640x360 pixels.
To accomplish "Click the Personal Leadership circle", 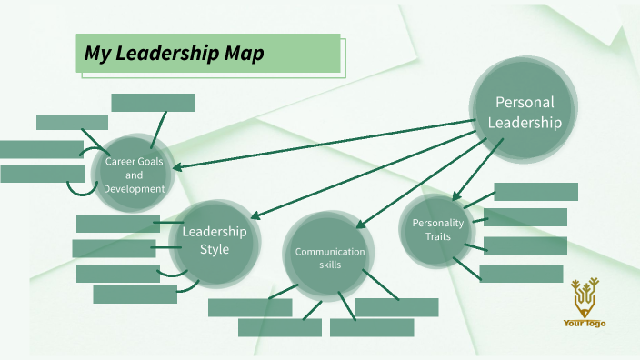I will [523, 112].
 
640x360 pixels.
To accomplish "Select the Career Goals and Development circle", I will [135, 175].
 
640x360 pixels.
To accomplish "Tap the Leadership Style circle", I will [215, 240].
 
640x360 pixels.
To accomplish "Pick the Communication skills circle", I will [329, 258].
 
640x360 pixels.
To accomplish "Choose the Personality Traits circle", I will [438, 229].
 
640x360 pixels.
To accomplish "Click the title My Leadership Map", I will [175, 55].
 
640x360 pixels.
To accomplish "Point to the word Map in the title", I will [245, 55].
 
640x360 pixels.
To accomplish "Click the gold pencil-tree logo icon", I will [585, 295].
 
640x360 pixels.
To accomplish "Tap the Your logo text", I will [585, 323].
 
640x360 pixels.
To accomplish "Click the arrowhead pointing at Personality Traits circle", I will [456, 196].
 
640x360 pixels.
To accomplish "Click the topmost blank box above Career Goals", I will [153, 103].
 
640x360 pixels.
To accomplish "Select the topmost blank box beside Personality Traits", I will [535, 192].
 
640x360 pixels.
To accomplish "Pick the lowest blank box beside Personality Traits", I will [521, 274].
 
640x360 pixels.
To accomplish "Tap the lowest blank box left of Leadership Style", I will [135, 295].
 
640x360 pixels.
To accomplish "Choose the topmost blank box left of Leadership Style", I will [118, 224].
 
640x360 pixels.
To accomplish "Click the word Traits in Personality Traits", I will [438, 236].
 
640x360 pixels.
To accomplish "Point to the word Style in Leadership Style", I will [215, 249].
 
